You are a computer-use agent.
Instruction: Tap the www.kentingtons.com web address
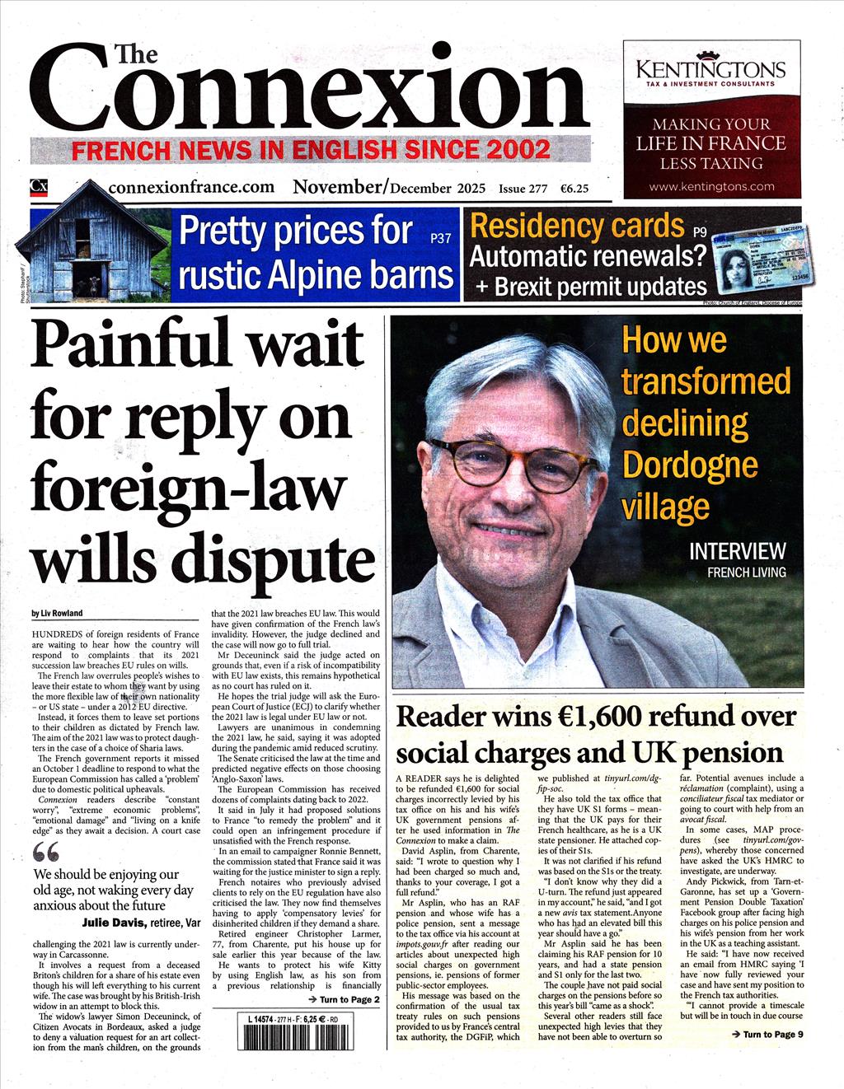point(710,186)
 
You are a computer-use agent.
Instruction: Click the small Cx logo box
point(39,187)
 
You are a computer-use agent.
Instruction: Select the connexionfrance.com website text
point(191,187)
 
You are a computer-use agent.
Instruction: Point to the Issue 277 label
point(523,188)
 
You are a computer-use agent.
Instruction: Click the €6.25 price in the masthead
point(574,188)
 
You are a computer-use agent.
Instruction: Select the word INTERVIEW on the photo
point(737,551)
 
